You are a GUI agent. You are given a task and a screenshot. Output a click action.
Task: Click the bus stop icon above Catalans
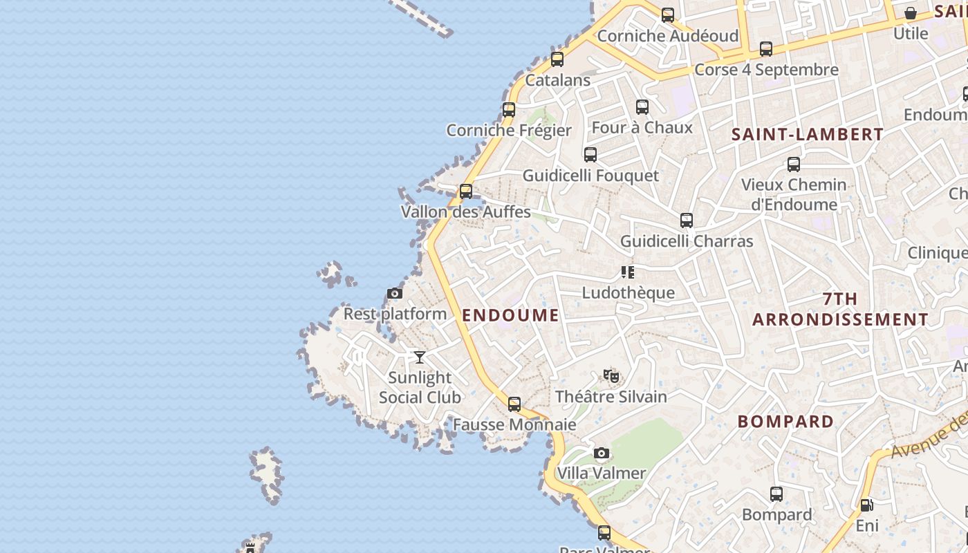coord(557,59)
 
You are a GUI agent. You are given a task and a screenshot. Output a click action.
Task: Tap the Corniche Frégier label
coord(509,131)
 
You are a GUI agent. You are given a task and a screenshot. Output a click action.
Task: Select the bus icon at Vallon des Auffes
coord(466,191)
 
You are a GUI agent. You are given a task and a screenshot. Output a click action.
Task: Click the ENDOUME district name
coord(510,316)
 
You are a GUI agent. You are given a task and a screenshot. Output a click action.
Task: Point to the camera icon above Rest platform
coord(395,294)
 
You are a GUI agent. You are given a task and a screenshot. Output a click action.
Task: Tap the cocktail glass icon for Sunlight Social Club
coord(420,357)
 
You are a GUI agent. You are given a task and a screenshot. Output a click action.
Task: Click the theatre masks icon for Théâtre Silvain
coord(611,377)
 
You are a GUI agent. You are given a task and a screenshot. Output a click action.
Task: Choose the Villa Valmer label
coord(601,474)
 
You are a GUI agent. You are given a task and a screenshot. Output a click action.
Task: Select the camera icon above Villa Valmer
coord(602,453)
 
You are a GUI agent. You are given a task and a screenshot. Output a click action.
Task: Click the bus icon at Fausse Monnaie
coord(514,404)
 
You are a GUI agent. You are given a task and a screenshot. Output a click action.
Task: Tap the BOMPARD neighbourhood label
coord(785,422)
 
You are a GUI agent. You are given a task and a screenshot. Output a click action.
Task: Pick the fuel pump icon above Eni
coord(866,505)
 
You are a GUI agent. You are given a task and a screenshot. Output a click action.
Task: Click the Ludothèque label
coord(628,293)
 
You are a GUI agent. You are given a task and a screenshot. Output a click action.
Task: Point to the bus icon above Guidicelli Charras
coord(686,221)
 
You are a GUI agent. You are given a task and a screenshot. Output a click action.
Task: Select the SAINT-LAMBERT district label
coord(808,135)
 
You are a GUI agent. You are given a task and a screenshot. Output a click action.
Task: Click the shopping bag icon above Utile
coord(911,13)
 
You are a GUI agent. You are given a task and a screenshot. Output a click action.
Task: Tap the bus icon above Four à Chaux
coord(642,107)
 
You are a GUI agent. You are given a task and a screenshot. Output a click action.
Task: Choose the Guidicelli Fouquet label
coord(590,176)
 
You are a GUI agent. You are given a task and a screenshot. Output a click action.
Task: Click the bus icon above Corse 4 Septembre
coord(766,49)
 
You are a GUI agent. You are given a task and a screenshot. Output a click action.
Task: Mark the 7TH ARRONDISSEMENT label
coord(840,309)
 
